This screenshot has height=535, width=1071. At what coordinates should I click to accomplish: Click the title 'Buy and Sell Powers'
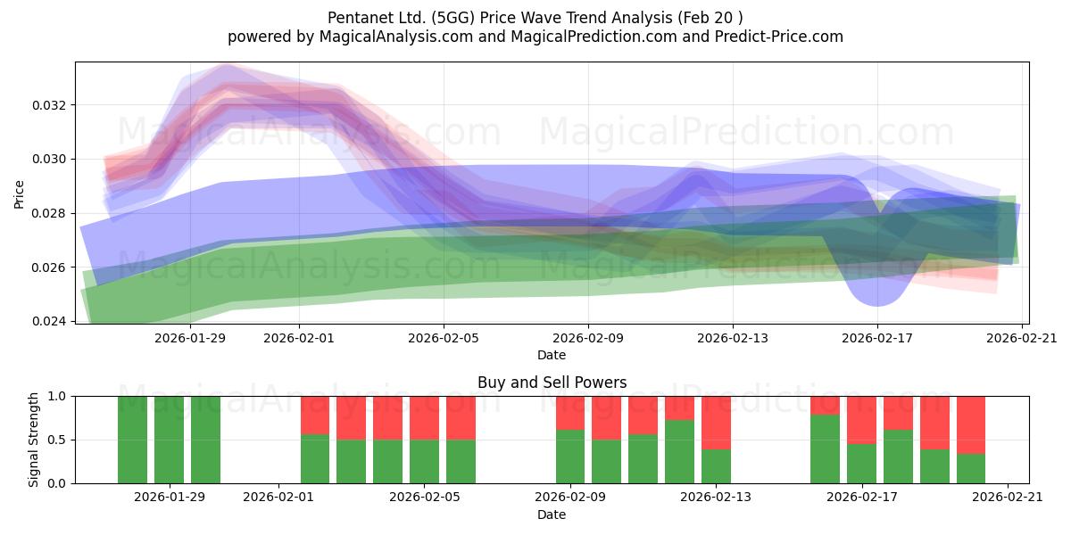[552, 383]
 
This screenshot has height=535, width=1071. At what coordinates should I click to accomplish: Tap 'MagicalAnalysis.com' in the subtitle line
[396, 37]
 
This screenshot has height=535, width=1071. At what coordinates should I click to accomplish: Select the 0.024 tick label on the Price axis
[49, 321]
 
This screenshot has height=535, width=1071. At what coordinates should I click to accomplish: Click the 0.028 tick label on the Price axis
[49, 213]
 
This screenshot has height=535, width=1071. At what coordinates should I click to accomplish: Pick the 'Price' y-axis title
[19, 194]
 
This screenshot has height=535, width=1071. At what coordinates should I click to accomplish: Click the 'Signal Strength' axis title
[33, 440]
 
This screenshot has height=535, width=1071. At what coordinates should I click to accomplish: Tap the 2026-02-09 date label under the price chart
[588, 338]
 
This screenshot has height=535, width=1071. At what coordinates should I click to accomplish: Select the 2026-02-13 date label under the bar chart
[716, 498]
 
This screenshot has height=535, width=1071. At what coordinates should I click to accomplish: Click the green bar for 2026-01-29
[169, 440]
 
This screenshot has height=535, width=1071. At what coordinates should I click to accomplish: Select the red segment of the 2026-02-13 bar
[716, 423]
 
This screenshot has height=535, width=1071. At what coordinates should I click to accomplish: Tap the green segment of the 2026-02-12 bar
[679, 451]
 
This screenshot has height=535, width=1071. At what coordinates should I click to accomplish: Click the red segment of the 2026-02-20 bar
[971, 424]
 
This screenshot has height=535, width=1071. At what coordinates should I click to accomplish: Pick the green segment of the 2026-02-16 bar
[825, 449]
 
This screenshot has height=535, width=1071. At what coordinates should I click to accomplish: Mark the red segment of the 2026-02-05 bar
[461, 418]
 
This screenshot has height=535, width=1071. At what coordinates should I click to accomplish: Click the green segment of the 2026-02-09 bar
[570, 457]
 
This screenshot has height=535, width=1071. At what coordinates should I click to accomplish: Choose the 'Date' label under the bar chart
[552, 514]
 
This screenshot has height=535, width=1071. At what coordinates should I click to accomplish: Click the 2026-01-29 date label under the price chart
[190, 338]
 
